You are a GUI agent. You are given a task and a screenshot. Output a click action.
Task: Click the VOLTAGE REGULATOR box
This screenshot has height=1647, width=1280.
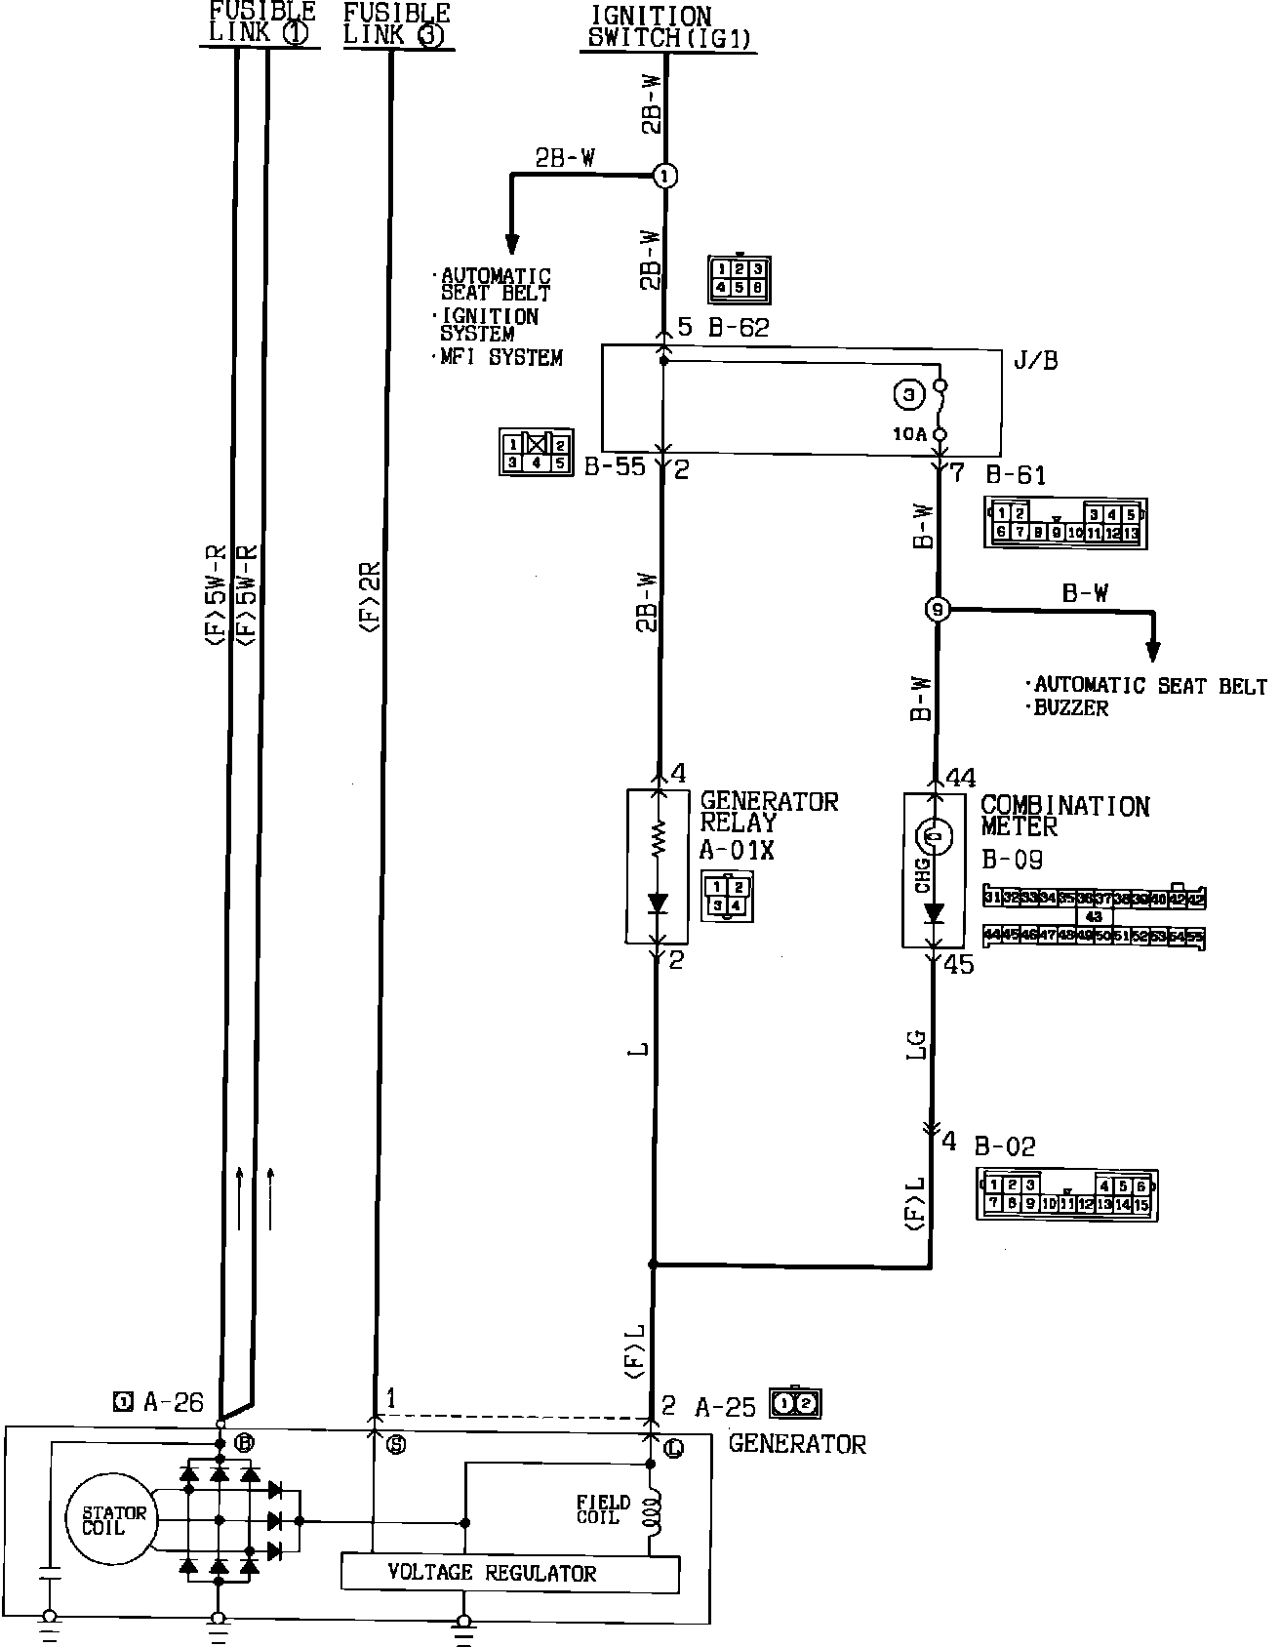click(509, 1572)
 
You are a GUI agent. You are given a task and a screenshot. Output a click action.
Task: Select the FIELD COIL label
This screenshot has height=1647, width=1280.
click(603, 1509)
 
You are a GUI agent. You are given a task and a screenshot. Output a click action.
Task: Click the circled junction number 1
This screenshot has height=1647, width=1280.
click(665, 176)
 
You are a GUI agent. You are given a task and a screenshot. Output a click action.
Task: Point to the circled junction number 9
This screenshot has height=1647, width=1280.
click(937, 610)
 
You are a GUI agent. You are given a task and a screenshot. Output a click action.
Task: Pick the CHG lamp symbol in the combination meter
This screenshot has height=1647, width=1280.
click(934, 835)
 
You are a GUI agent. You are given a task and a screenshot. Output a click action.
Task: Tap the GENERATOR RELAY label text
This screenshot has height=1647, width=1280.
click(768, 812)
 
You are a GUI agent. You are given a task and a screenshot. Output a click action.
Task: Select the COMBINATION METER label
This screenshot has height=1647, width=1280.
click(1064, 816)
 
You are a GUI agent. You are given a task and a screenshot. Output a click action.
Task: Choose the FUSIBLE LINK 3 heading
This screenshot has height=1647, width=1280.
click(397, 24)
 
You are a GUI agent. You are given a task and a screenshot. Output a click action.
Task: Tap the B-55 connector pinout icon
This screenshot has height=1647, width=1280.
click(536, 453)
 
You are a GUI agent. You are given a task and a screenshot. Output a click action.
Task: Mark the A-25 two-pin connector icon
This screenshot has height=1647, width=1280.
click(795, 1404)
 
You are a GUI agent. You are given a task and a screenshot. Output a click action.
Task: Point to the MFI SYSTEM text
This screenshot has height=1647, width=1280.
click(501, 358)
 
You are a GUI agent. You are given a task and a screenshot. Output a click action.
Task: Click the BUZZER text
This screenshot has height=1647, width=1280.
click(1071, 708)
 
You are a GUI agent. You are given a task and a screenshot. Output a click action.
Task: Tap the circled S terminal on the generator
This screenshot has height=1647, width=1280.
click(395, 1446)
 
